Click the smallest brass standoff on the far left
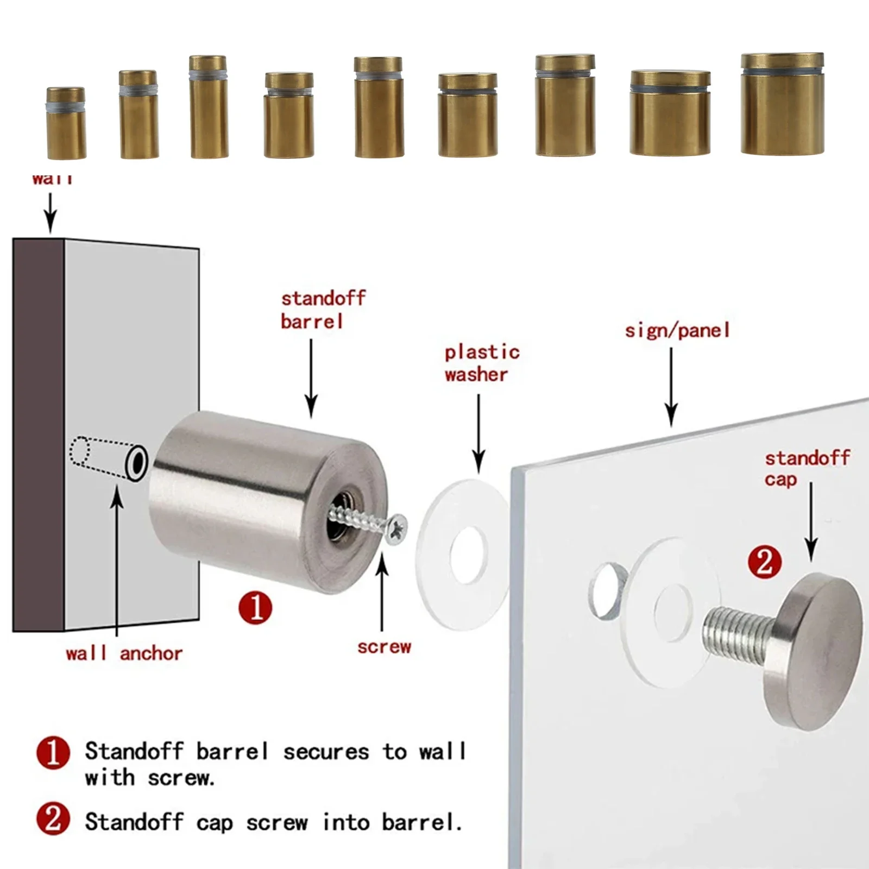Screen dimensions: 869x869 coord(66,123)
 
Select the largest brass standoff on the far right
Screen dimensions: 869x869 coord(782,104)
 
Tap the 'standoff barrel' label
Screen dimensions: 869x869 coord(323,310)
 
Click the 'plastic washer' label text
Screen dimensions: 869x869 coord(481,363)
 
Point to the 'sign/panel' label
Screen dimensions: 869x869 coord(677,331)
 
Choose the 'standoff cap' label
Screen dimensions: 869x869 coord(806,468)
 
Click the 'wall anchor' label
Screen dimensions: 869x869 coord(124,653)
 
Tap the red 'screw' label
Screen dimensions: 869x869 coord(384,647)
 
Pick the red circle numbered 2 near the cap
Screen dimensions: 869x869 coord(765,562)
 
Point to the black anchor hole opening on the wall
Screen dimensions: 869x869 coord(136,463)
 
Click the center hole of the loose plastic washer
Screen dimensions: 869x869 coord(468,555)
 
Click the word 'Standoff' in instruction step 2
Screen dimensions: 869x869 coord(134,822)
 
